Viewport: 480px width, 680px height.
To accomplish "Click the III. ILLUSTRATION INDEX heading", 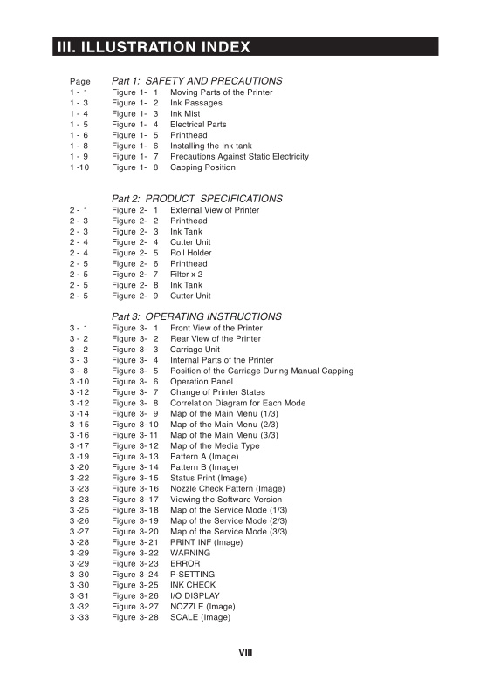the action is click(x=154, y=47).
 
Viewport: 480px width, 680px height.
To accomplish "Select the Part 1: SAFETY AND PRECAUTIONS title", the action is click(x=196, y=80).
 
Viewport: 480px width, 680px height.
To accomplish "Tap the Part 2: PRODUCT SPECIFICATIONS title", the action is click(x=196, y=199).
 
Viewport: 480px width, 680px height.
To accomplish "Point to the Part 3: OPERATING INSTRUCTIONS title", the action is click(x=196, y=316).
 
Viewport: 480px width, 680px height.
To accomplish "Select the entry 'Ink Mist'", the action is click(x=189, y=113).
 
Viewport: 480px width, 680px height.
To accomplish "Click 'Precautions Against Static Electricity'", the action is click(x=239, y=157).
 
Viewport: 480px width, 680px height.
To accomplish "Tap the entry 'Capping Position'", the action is click(x=202, y=167).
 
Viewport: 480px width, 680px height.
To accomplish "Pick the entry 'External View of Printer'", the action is click(x=215, y=210).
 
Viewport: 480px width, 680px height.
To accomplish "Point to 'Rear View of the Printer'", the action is click(x=215, y=338).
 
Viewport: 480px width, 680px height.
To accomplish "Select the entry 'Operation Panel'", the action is click(x=201, y=382).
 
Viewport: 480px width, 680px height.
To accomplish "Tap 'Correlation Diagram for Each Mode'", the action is click(x=237, y=403).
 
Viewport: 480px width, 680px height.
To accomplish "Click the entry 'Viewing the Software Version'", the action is click(x=226, y=500).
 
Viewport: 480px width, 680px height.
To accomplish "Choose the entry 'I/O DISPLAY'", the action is click(x=195, y=596).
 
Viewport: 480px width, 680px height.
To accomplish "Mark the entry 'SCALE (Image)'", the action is click(x=200, y=617).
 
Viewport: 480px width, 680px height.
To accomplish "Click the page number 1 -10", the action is click(x=79, y=167).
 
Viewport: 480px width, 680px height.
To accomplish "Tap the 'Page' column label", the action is click(x=79, y=81).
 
